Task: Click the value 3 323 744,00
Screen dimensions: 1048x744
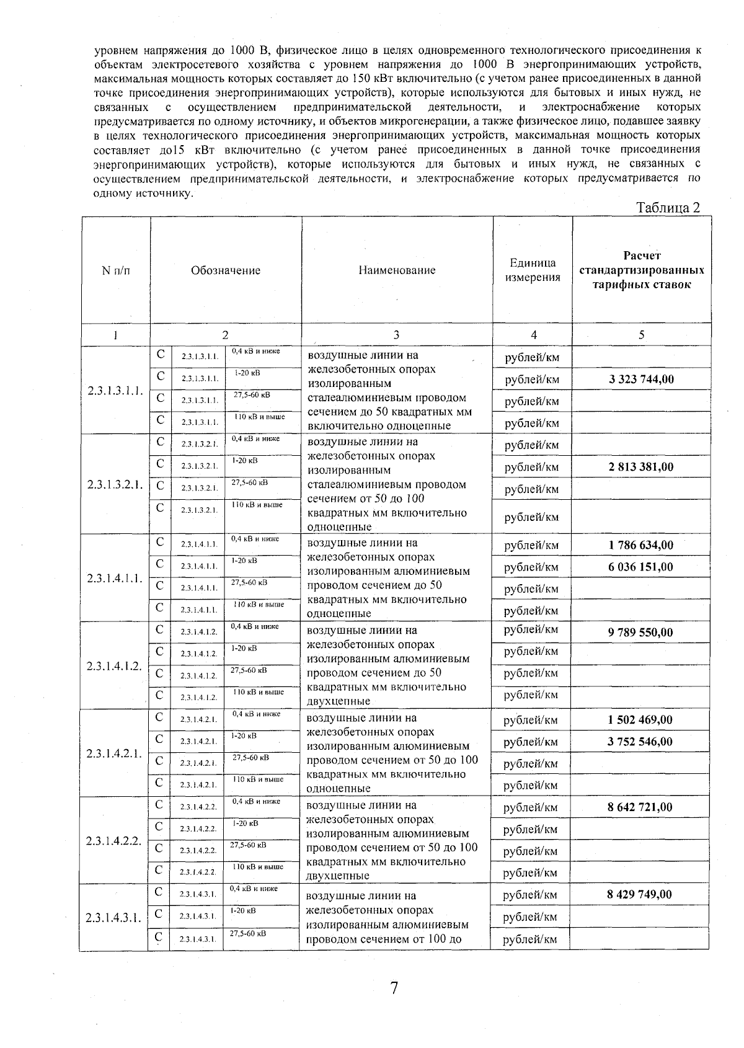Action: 641,380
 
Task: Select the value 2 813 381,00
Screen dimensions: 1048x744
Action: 641,467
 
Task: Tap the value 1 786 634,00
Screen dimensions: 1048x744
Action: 641,546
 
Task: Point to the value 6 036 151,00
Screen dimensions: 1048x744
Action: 641,567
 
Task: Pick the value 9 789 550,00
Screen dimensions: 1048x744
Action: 640,633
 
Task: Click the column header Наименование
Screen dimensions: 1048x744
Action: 397,270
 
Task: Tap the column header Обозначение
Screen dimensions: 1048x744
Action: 226,270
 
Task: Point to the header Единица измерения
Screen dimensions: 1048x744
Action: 533,270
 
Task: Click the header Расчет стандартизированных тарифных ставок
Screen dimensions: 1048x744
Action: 642,270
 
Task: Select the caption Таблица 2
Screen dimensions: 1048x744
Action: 668,208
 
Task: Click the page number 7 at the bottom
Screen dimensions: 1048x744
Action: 393,988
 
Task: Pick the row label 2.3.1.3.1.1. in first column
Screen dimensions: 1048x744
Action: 115,391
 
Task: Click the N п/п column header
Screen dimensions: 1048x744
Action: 116,270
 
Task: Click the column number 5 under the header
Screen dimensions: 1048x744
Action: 642,335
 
